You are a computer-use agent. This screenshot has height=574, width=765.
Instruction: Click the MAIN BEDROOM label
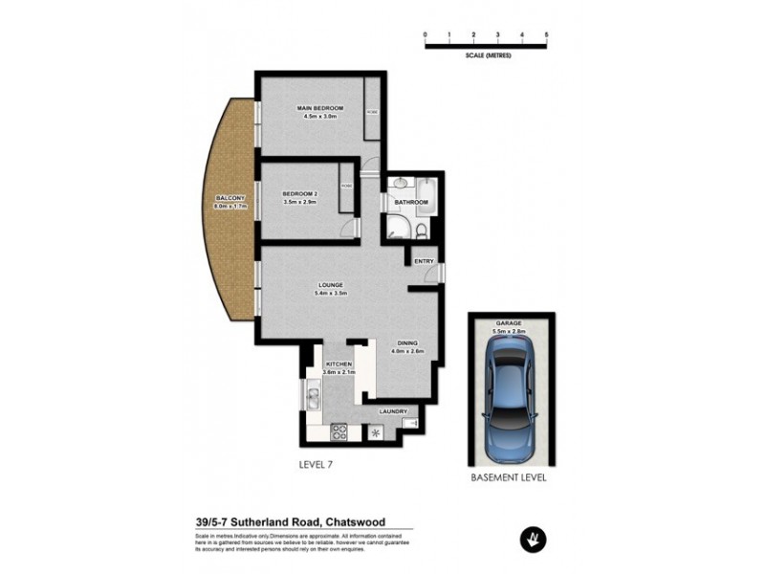pyautogui.click(x=319, y=108)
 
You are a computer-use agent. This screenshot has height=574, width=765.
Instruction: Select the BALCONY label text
pyautogui.click(x=231, y=198)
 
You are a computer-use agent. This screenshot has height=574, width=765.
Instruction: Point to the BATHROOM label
pyautogui.click(x=412, y=202)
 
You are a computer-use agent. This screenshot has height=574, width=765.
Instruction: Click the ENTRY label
pyautogui.click(x=423, y=260)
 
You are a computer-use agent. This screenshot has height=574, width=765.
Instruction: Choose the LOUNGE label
pyautogui.click(x=332, y=285)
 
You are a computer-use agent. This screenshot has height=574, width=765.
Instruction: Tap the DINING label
pyautogui.click(x=408, y=342)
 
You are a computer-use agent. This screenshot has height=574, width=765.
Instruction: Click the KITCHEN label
pyautogui.click(x=339, y=364)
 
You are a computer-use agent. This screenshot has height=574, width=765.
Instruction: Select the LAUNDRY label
pyautogui.click(x=392, y=412)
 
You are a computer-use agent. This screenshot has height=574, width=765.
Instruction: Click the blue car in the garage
pyautogui.click(x=509, y=393)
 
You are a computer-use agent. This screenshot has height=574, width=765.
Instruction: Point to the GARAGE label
pyautogui.click(x=509, y=323)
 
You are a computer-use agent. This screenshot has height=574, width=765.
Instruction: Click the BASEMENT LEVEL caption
pyautogui.click(x=509, y=476)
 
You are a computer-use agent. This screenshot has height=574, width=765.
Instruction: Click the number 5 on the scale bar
pyautogui.click(x=546, y=34)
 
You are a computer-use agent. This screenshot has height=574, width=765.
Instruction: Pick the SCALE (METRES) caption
pyautogui.click(x=486, y=55)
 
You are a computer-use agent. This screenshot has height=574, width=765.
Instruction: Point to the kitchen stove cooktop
pyautogui.click(x=338, y=432)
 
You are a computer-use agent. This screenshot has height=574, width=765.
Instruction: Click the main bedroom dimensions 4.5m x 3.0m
pyautogui.click(x=319, y=117)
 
